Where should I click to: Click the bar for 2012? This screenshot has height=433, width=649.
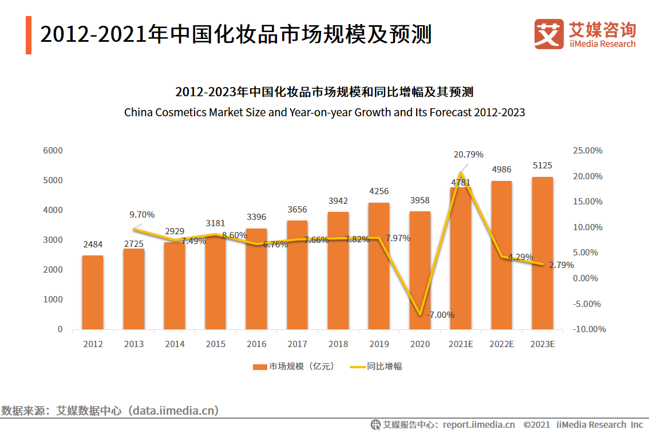coord(93,292)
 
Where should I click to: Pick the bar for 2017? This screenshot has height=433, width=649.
coord(297,275)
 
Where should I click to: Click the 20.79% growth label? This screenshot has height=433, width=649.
coord(468,154)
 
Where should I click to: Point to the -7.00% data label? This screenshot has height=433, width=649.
coord(440,314)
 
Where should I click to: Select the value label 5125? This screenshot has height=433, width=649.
coord(542,166)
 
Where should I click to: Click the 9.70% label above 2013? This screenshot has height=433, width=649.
coord(142,215)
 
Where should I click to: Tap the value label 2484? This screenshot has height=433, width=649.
coord(93,245)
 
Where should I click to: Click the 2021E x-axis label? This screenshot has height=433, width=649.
coord(461,344)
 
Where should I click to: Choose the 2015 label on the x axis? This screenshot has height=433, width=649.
coord(216,344)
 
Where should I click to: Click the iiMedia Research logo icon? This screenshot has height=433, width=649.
coord(549,34)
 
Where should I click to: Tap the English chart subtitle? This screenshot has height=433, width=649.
coord(325,112)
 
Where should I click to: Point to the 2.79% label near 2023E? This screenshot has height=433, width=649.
coord(561,265)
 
